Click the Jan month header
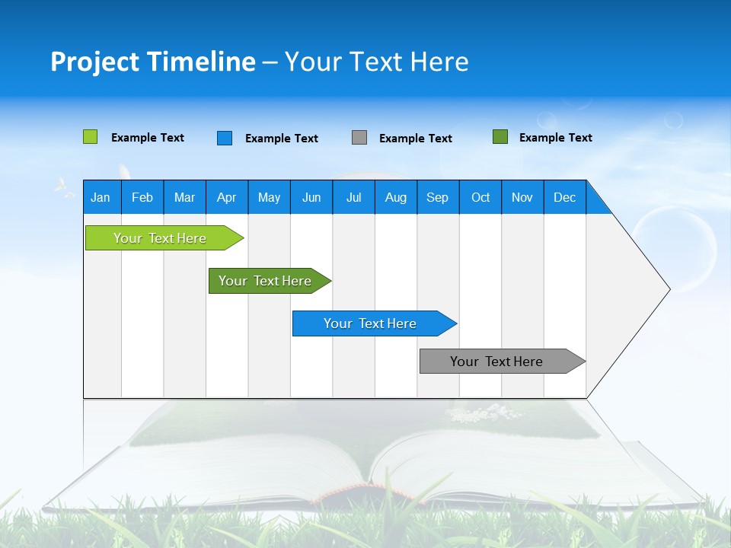coord(101,197)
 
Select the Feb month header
coord(142,197)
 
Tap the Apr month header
coord(227,197)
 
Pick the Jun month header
coord(311,197)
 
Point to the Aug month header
coord(396,197)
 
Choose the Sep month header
coord(438,197)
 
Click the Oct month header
coord(480,197)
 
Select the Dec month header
coord(565,197)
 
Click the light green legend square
coord(90,137)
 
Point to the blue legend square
coord(225,138)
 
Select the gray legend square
coord(359,138)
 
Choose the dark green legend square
coord(500,137)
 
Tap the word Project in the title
coord(94,62)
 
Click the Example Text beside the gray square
coord(416,139)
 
